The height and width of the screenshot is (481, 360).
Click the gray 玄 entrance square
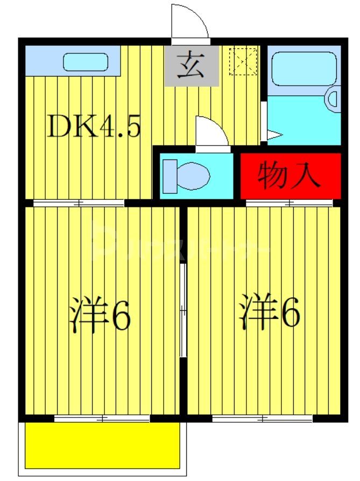pos(192,66)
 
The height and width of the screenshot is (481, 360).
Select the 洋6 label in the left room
pos(100,316)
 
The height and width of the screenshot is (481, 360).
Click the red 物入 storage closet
pos(291,176)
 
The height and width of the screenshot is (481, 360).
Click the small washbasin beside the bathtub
pos(333,99)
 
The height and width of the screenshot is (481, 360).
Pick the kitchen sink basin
pos(86,61)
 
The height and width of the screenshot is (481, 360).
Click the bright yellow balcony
pos(102,448)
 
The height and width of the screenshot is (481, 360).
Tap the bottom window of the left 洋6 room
pos(102,419)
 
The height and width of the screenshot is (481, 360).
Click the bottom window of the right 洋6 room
pos(263,419)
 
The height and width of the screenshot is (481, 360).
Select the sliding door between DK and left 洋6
pos(79,203)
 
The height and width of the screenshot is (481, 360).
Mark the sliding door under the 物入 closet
pos(290,203)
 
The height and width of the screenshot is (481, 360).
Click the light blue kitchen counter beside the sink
pos(40,61)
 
